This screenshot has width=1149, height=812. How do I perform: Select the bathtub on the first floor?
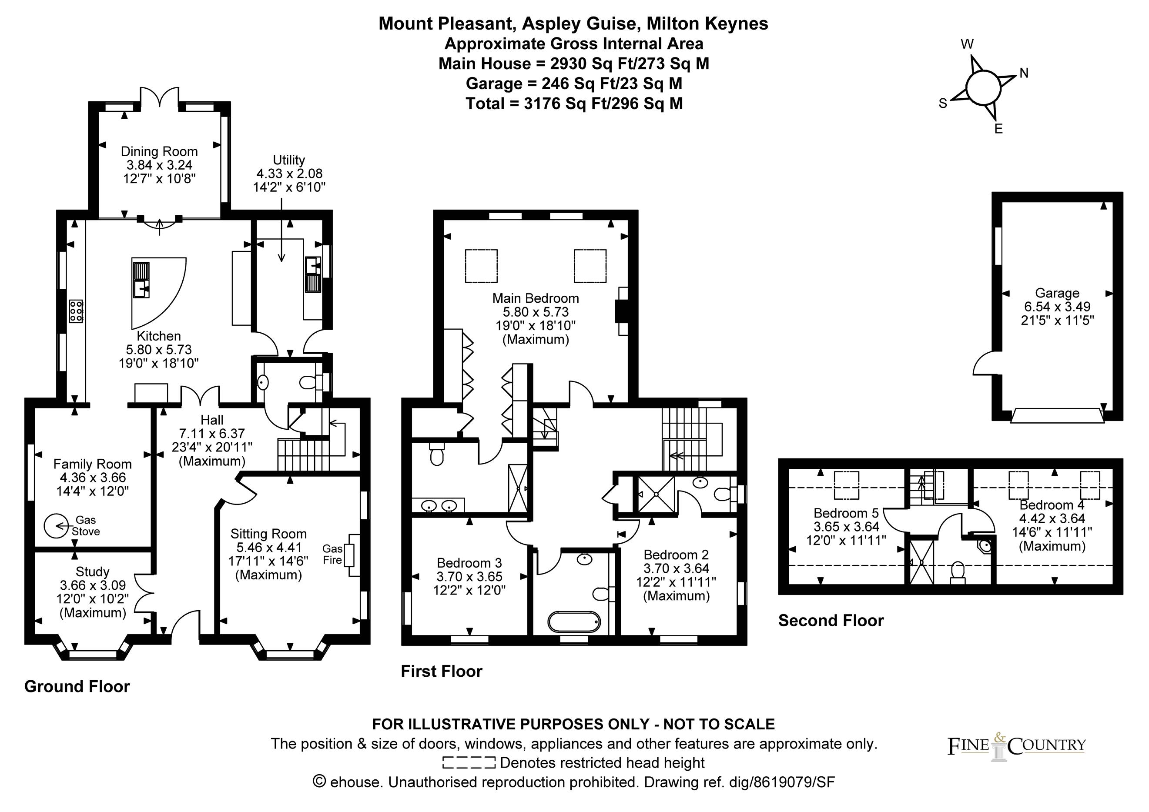pyautogui.click(x=573, y=622)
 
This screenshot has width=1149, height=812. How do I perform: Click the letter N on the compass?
pyautogui.click(x=1024, y=74)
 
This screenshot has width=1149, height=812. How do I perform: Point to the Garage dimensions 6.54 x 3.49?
pyautogui.click(x=1057, y=307)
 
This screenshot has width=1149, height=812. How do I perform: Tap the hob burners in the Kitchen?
pyautogui.click(x=76, y=311)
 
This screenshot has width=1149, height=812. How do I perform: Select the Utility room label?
pyautogui.click(x=289, y=160)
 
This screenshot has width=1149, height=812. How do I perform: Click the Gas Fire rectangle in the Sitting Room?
pyautogui.click(x=354, y=555)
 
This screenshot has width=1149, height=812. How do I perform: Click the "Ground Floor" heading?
pyautogui.click(x=77, y=686)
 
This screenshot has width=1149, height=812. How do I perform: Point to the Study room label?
pyautogui.click(x=93, y=571)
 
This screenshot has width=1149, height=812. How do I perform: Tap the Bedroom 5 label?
pyautogui.click(x=846, y=513)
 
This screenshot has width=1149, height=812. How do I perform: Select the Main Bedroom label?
pyautogui.click(x=536, y=298)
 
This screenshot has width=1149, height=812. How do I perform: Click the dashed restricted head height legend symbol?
pyautogui.click(x=469, y=763)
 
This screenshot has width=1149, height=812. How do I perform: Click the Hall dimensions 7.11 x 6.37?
pyautogui.click(x=212, y=434)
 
